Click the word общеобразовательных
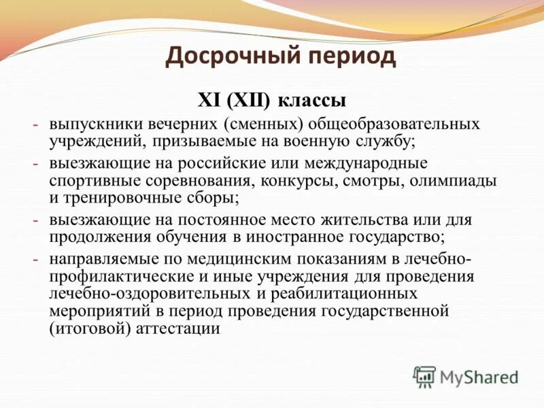point(394,124)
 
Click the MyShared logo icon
point(424,377)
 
